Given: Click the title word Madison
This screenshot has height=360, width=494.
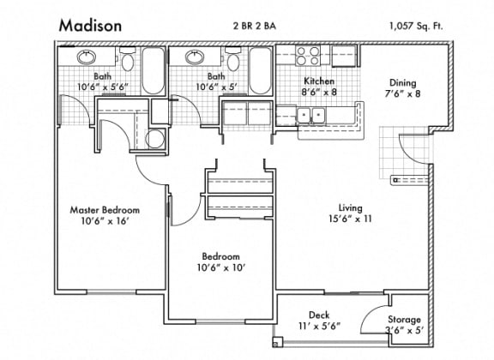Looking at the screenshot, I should pos(90,26).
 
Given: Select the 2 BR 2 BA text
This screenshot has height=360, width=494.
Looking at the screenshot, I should pos(256,25).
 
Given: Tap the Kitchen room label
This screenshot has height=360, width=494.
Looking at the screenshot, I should pos(319,81).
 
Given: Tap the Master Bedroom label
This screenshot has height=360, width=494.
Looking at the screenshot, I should pos(105,210).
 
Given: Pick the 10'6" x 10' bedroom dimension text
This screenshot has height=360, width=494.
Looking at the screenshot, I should pos(220,267).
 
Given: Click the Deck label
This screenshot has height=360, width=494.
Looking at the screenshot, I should pos(321,315).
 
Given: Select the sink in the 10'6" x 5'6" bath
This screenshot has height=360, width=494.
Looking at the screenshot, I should pos(87,58).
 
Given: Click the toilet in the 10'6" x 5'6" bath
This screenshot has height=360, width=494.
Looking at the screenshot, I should pos(126,60).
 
